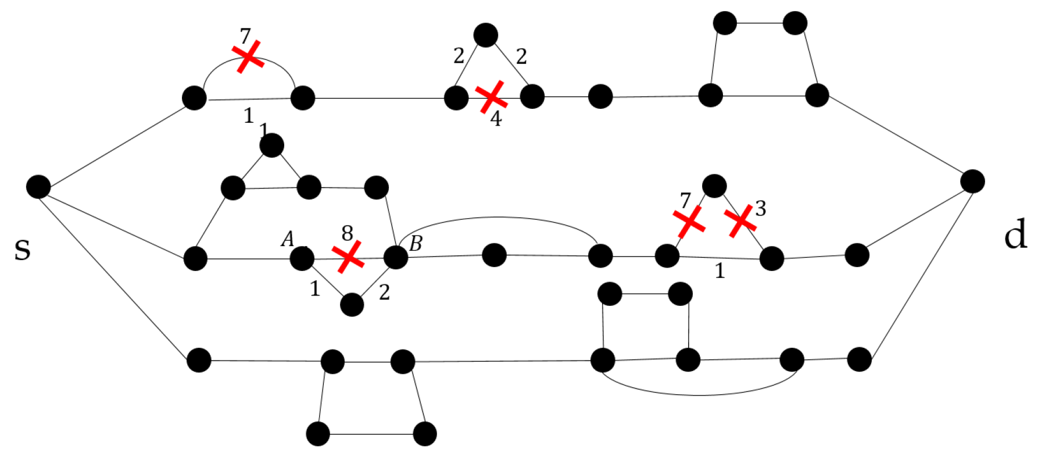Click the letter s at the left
(22, 250)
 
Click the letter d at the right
(1015, 235)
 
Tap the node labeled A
(302, 258)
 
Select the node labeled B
(396, 257)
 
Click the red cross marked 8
(348, 257)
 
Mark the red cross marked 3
(740, 221)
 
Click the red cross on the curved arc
(249, 57)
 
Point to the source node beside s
(38, 187)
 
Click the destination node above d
(972, 181)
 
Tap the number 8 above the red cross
(348, 234)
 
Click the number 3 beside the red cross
(760, 208)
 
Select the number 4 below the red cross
(496, 119)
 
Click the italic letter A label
(288, 239)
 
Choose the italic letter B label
(416, 244)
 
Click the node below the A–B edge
(352, 304)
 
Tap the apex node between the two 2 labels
(486, 35)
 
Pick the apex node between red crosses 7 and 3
(714, 186)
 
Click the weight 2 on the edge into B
(384, 293)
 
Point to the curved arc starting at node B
(497, 218)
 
